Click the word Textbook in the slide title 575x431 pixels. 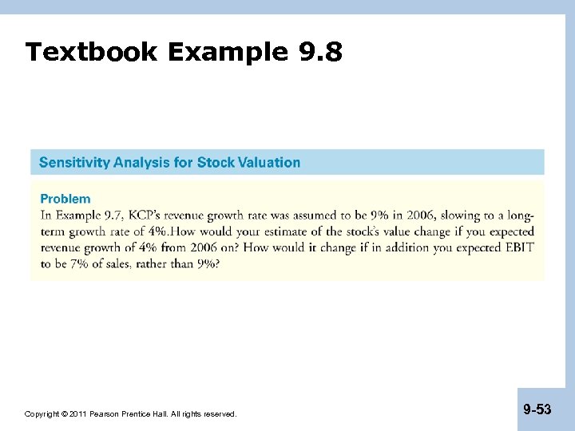point(92,53)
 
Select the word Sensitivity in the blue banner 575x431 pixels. point(74,163)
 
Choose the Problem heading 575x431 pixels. point(65,199)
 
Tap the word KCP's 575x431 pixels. point(149,215)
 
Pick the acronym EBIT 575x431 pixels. point(517,247)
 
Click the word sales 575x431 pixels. point(123,264)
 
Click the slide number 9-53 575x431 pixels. point(537,409)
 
